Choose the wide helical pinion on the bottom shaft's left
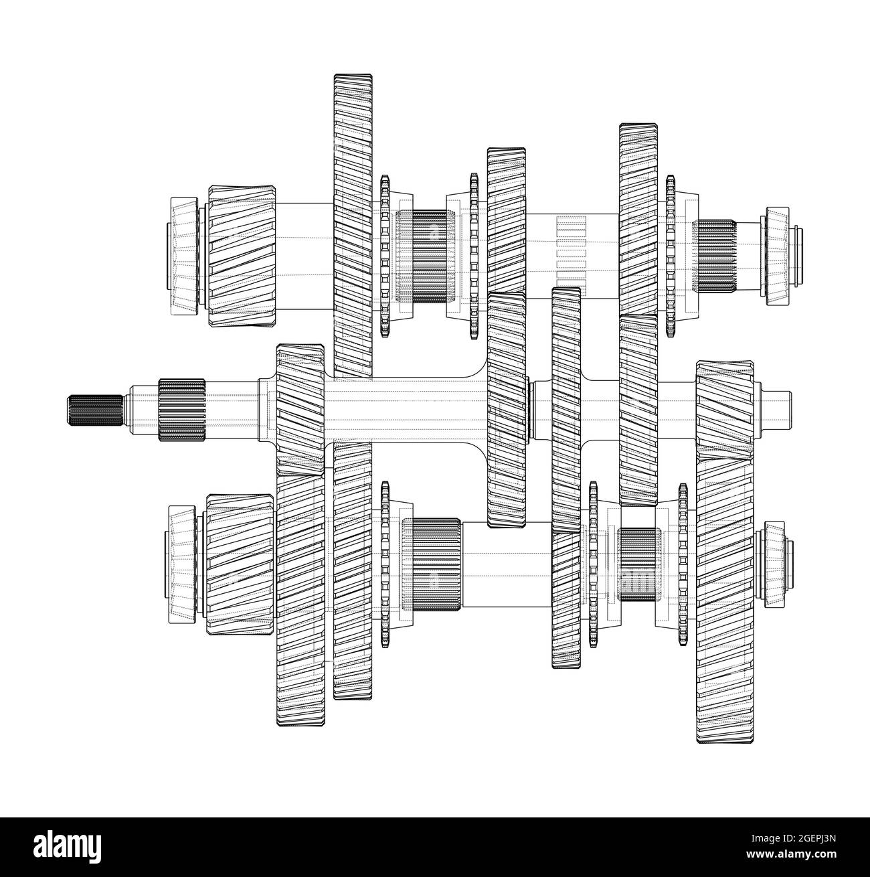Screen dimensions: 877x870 [240, 566]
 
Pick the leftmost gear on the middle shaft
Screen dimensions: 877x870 [300, 410]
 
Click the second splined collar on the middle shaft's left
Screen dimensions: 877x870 [181, 410]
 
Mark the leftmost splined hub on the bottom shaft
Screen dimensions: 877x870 [431, 564]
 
